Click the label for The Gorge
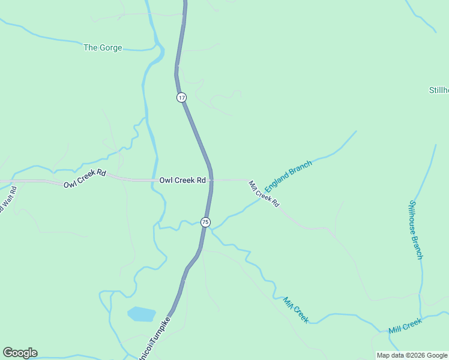[x=103, y=47]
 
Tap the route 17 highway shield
[x=181, y=97]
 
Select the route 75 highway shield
[x=205, y=222]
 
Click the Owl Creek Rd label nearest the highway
[x=182, y=180]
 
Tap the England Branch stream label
[x=288, y=176]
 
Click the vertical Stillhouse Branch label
[x=416, y=229]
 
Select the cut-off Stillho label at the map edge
[x=439, y=91]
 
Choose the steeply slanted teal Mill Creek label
[x=296, y=310]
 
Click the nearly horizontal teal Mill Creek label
[x=405, y=326]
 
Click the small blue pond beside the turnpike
[x=141, y=314]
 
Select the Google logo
[x=20, y=353]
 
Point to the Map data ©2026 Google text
[x=411, y=355]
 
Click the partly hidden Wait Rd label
[x=8, y=201]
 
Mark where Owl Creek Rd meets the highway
[x=211, y=179]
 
